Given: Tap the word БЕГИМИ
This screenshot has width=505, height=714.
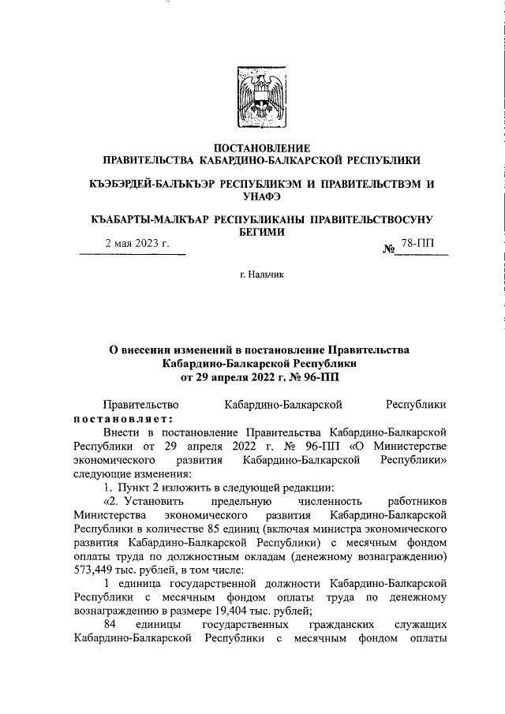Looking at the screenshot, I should point(261,231).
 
